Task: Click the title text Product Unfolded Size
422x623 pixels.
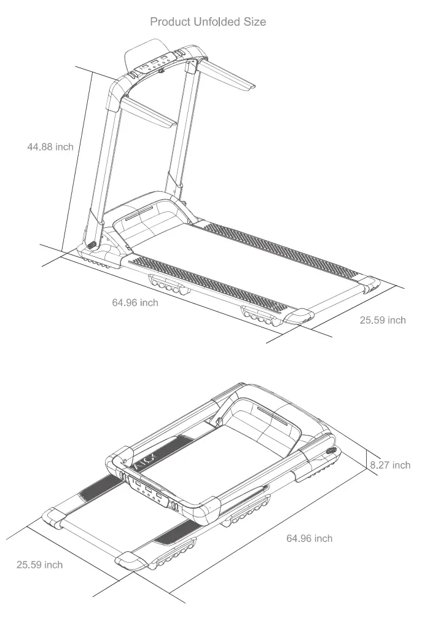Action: pyautogui.click(x=208, y=22)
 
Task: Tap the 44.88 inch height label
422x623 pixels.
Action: pyautogui.click(x=50, y=147)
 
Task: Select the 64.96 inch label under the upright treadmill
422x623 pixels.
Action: pyautogui.click(x=135, y=302)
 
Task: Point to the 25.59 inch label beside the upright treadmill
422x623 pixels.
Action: pyautogui.click(x=382, y=320)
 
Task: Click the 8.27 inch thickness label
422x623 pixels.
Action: pyautogui.click(x=390, y=465)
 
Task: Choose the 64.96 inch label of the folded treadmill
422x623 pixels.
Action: pyautogui.click(x=309, y=538)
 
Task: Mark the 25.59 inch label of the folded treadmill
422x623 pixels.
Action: pyautogui.click(x=39, y=564)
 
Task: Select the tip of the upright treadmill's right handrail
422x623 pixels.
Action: pyautogui.click(x=248, y=88)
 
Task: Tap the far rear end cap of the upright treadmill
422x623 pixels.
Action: pyautogui.click(x=369, y=283)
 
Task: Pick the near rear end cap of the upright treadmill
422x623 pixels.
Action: pyautogui.click(x=299, y=316)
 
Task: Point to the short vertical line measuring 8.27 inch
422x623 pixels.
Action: pyautogui.click(x=365, y=464)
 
